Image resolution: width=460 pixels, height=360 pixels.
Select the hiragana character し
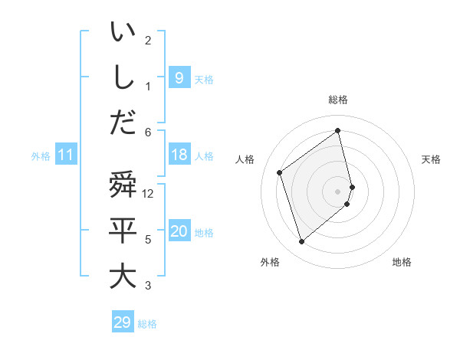(x=123, y=77)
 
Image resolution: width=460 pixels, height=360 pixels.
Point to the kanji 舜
(x=123, y=186)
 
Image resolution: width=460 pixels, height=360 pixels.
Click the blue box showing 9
(x=179, y=77)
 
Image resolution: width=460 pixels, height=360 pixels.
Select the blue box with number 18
(x=179, y=155)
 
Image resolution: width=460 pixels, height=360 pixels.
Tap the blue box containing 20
(x=179, y=231)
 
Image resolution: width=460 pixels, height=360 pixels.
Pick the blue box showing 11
(x=65, y=155)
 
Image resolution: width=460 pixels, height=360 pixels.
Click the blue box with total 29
(x=122, y=322)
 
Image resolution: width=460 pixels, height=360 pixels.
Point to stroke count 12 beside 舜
(x=149, y=194)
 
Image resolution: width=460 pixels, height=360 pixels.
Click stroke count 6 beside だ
(x=148, y=132)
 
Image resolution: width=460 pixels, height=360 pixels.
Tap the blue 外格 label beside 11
(x=41, y=156)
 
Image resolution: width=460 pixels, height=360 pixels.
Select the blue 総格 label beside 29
(x=147, y=324)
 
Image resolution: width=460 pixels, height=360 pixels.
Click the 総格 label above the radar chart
(x=338, y=100)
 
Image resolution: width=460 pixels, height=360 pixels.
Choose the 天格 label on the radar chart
(x=431, y=159)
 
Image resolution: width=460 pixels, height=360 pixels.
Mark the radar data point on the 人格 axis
(x=280, y=172)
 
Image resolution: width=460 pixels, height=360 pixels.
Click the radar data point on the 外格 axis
(x=301, y=242)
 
